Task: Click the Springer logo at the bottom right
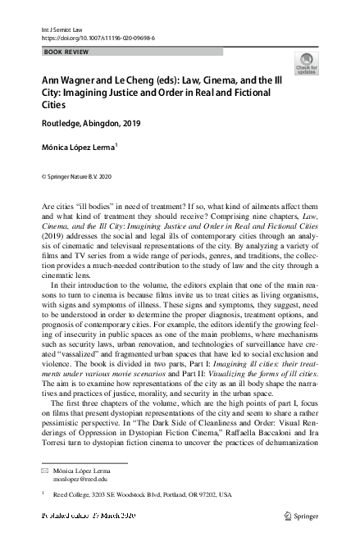(300, 516)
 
